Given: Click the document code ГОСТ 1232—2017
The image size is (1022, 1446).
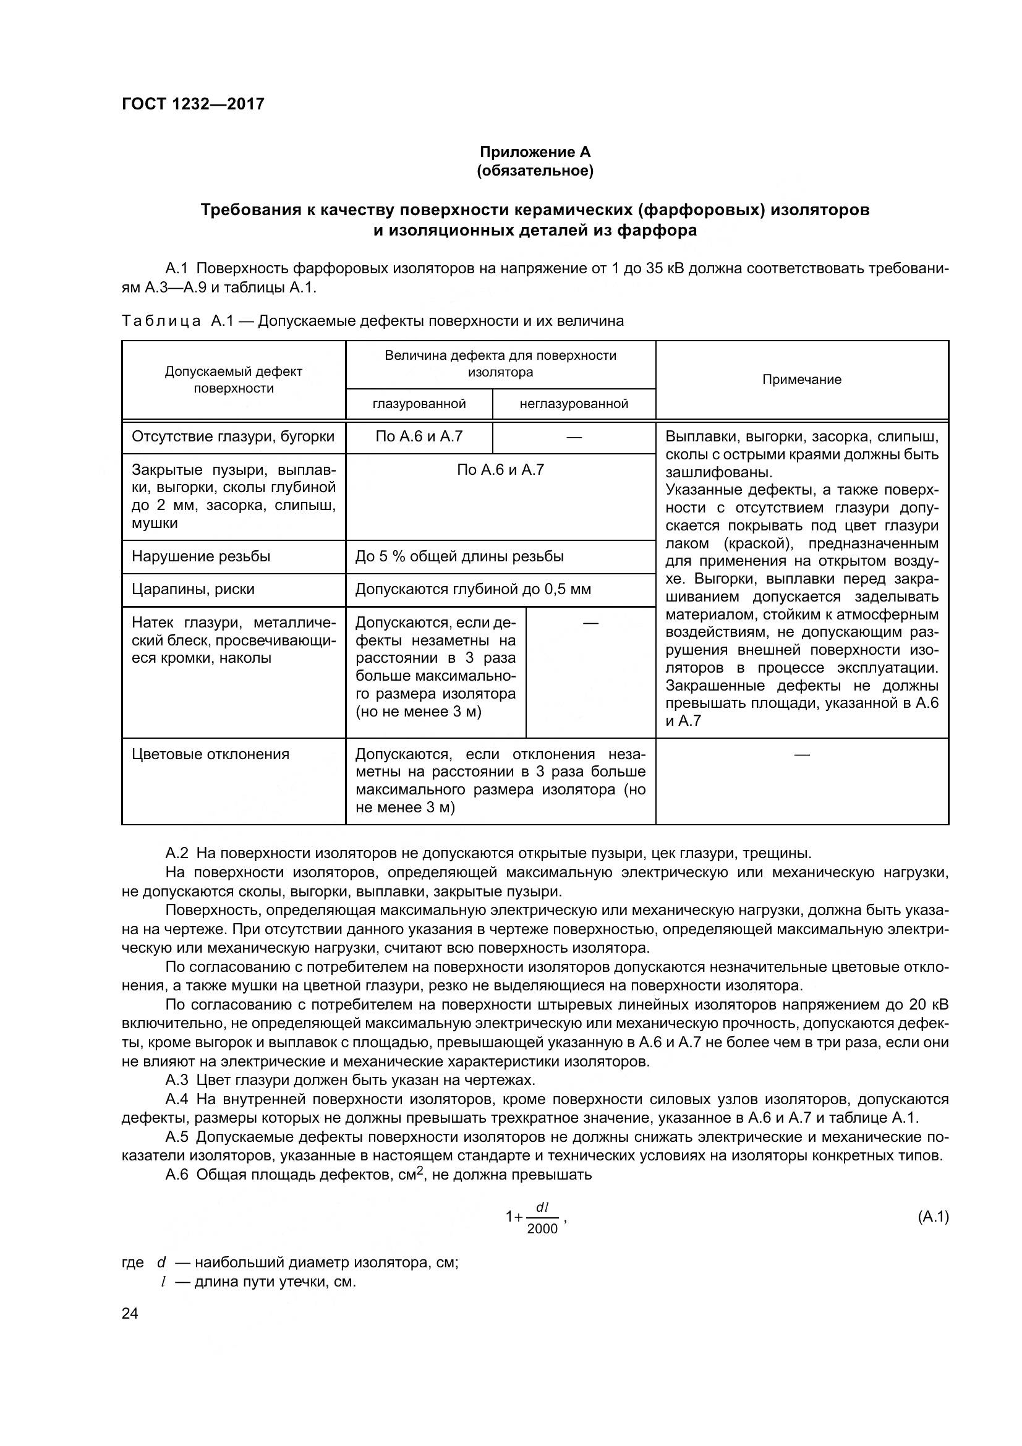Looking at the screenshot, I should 193,103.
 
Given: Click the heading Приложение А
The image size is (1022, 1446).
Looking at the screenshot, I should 535,152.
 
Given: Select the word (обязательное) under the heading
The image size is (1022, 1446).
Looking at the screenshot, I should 535,171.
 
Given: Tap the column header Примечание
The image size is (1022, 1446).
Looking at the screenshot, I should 801,379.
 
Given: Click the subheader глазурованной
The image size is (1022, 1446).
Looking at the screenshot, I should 419,404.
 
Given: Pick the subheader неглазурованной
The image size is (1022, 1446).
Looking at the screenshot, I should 573,404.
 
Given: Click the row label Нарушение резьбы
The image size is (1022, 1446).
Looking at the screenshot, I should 201,556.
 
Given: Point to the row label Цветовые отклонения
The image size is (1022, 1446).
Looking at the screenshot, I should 210,754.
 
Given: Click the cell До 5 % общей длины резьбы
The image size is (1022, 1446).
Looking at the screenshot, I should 459,556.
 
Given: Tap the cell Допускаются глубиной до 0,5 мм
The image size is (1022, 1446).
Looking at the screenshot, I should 473,589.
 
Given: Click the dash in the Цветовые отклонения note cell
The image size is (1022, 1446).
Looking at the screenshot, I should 801,754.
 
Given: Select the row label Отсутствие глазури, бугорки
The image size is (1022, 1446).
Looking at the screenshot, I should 233,436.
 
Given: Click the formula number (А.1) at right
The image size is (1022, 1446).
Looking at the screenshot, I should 932,1216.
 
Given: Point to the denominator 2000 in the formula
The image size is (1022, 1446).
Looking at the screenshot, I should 542,1229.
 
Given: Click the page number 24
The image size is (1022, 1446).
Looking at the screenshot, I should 130,1313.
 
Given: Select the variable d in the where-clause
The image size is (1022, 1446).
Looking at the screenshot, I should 161,1263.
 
